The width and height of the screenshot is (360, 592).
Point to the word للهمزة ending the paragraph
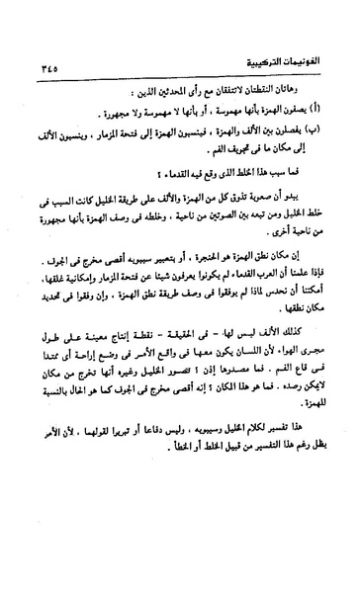coord(310,455)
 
